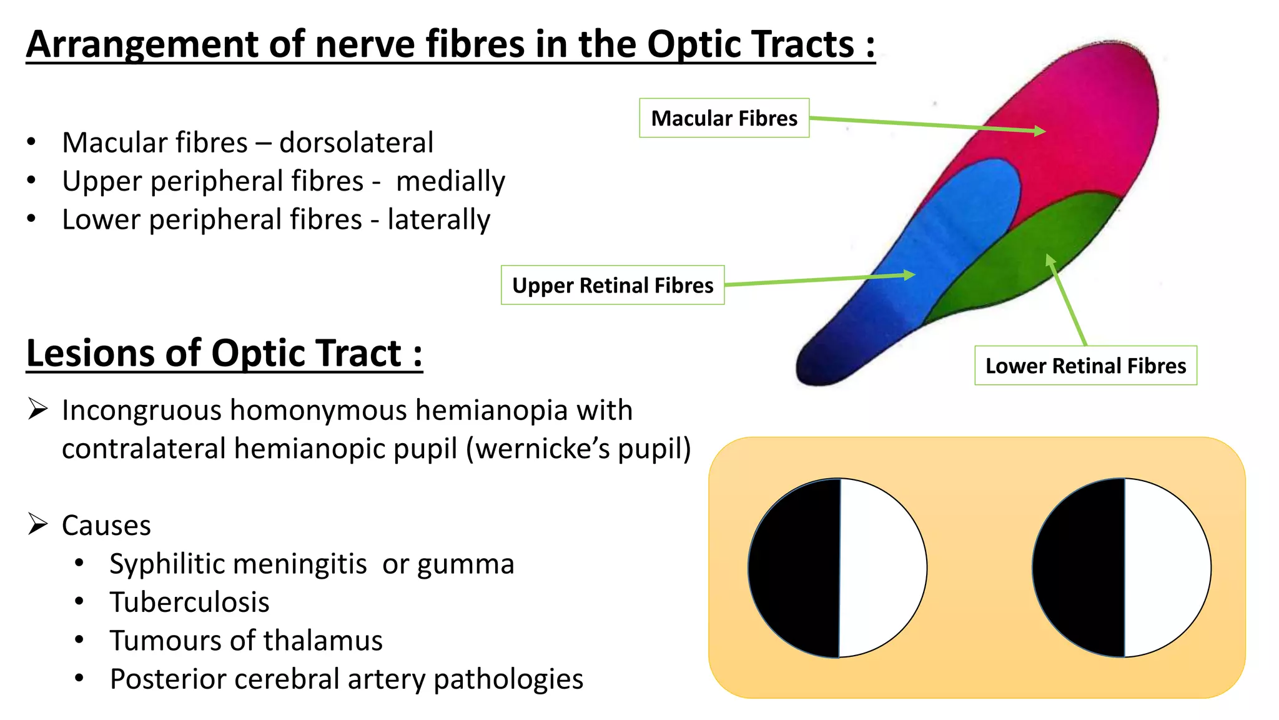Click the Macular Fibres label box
pos(724,118)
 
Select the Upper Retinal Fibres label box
pos(612,285)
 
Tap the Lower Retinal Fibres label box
pos(1085,366)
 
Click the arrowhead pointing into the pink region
pos(1039,131)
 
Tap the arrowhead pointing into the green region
pos(1050,259)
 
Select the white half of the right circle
pos(1167,567)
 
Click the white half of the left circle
pos(882,567)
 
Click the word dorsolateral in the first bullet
pos(356,142)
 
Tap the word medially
pos(450,181)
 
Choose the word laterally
pos(438,219)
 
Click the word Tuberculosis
pos(189,602)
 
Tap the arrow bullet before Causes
pos(38,524)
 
